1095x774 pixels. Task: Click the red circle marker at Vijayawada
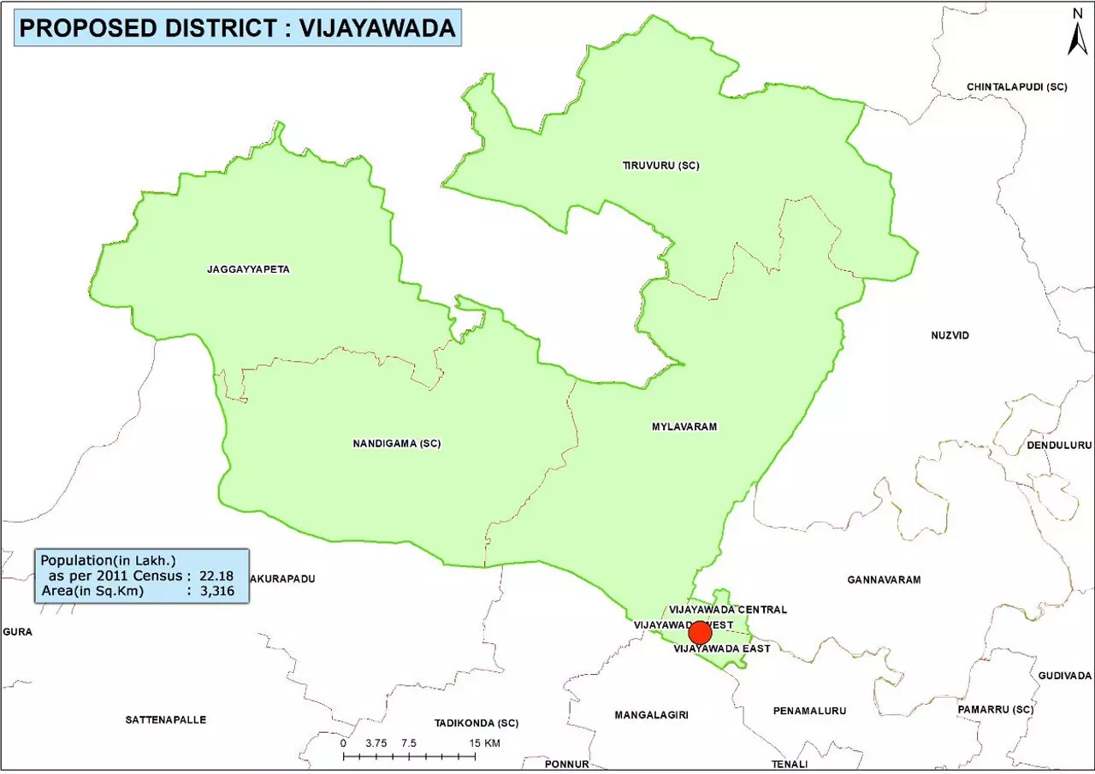click(700, 633)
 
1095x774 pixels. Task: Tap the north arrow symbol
click(1077, 33)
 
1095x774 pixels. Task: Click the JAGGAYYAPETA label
click(248, 269)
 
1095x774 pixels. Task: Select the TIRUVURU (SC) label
click(660, 165)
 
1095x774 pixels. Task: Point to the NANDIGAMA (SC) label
click(397, 443)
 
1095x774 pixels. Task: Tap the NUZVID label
click(950, 335)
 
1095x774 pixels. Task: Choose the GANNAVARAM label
click(884, 580)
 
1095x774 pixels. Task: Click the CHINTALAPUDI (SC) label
click(1017, 87)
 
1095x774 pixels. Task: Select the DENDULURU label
click(1060, 446)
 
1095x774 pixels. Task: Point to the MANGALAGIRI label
click(651, 715)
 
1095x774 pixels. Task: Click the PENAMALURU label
click(808, 711)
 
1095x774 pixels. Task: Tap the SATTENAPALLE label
click(166, 719)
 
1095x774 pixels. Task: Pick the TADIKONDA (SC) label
click(476, 723)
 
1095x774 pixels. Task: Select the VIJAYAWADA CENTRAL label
click(727, 610)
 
